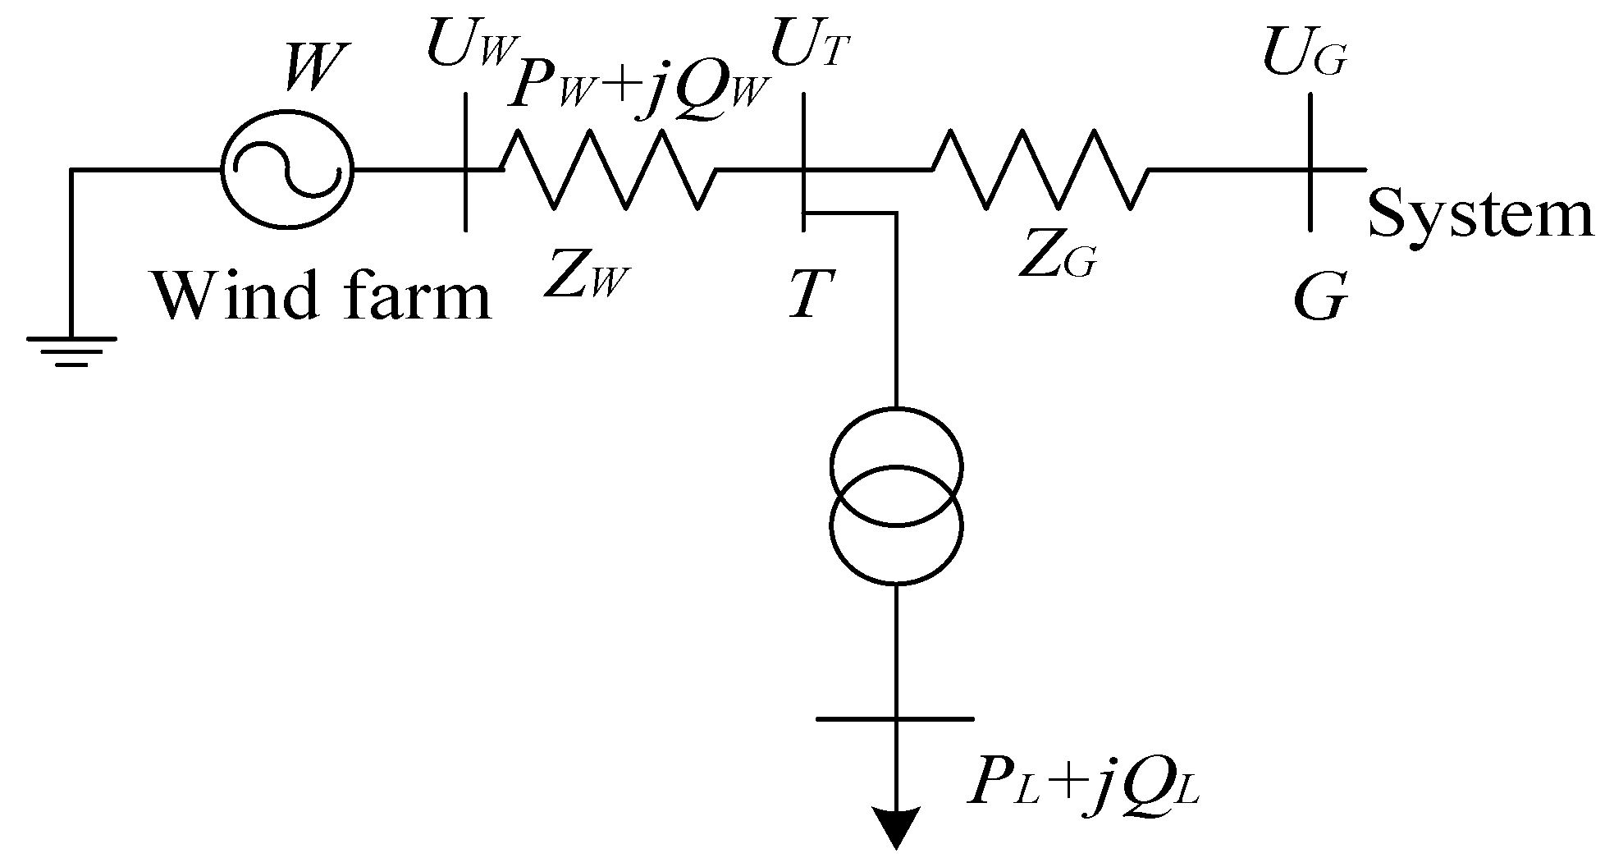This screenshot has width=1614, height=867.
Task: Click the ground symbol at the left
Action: tap(71, 349)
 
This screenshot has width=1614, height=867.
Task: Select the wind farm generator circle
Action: tap(286, 170)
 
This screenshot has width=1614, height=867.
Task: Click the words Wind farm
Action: tap(322, 296)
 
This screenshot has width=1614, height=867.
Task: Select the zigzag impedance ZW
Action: tap(607, 170)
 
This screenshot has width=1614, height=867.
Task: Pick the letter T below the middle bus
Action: tap(807, 295)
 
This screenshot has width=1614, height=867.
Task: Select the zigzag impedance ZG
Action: tap(1039, 170)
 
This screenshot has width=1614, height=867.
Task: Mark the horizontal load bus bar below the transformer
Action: tap(896, 719)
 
